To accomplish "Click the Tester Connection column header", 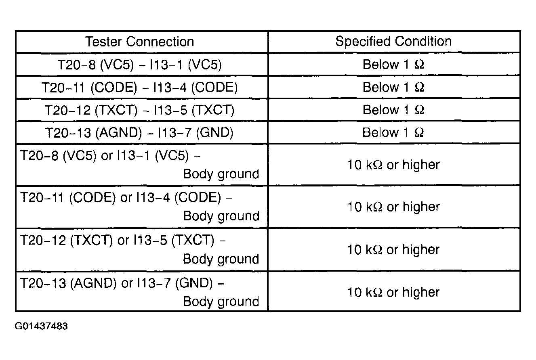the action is tap(139, 42).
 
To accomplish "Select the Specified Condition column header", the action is tap(394, 41).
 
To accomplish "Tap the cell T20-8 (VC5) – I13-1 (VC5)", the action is tap(140, 65).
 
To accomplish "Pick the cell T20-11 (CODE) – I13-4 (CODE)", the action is tap(140, 87).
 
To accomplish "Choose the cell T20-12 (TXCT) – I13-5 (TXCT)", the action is tap(140, 110).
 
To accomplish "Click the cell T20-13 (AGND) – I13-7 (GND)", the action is tap(139, 133).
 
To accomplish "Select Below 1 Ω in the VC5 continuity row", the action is tap(393, 64).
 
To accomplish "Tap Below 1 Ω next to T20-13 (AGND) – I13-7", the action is tap(393, 132).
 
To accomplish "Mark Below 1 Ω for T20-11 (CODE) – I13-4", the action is tap(393, 87).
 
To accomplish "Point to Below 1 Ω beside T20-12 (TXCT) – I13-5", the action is tap(393, 110).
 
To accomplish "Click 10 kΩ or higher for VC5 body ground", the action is tap(394, 165).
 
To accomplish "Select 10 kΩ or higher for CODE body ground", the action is tap(394, 207).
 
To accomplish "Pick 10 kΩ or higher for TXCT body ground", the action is tap(394, 250).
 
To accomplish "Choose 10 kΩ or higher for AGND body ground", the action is tap(394, 292).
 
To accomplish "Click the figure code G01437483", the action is tap(41, 326).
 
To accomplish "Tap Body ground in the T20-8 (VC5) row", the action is tap(221, 174).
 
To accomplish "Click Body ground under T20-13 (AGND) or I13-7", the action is tap(221, 301).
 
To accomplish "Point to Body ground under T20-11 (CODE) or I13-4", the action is tap(221, 216).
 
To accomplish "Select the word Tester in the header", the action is tap(103, 42).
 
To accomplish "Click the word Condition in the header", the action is tap(423, 41).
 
